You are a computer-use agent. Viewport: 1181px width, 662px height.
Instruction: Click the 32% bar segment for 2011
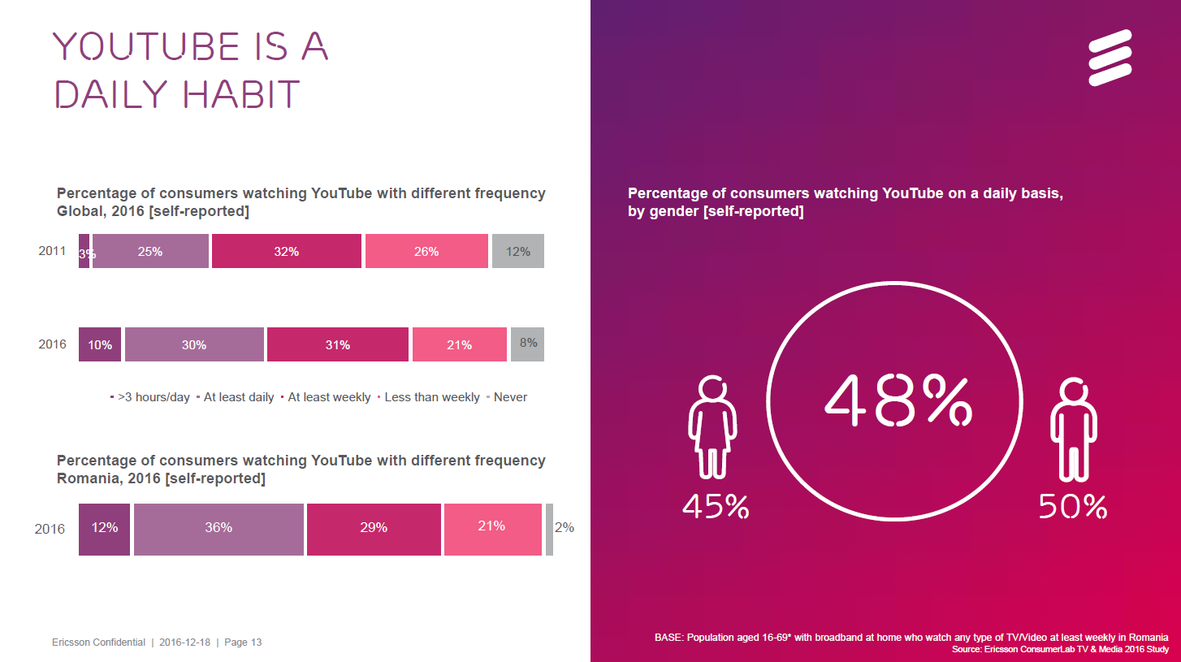(x=286, y=252)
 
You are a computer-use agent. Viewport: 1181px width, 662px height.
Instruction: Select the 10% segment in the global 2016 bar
(x=100, y=344)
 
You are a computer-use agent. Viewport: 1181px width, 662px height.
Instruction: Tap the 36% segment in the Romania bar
(x=218, y=529)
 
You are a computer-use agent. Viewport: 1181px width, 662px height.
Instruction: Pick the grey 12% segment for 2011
(x=517, y=252)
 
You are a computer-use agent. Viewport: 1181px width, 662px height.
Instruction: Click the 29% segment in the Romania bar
(x=373, y=529)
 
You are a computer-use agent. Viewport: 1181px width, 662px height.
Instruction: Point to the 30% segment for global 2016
(x=194, y=344)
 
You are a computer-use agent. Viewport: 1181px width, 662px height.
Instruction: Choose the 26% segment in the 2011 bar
(x=426, y=252)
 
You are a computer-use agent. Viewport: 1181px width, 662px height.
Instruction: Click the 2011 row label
(x=52, y=251)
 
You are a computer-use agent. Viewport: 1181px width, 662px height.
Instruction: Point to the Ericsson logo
(x=1110, y=58)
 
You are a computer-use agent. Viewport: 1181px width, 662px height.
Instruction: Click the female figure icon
(x=712, y=427)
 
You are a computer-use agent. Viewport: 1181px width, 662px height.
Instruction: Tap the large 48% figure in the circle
(x=898, y=400)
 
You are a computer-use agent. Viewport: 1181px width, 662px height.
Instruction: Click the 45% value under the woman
(x=715, y=507)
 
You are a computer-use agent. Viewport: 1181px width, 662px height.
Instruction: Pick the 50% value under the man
(x=1073, y=507)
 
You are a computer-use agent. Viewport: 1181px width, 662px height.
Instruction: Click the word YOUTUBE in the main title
(x=146, y=48)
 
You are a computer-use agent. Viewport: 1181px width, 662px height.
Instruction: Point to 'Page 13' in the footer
(x=243, y=643)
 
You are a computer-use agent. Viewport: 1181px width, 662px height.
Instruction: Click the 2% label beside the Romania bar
(x=564, y=527)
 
